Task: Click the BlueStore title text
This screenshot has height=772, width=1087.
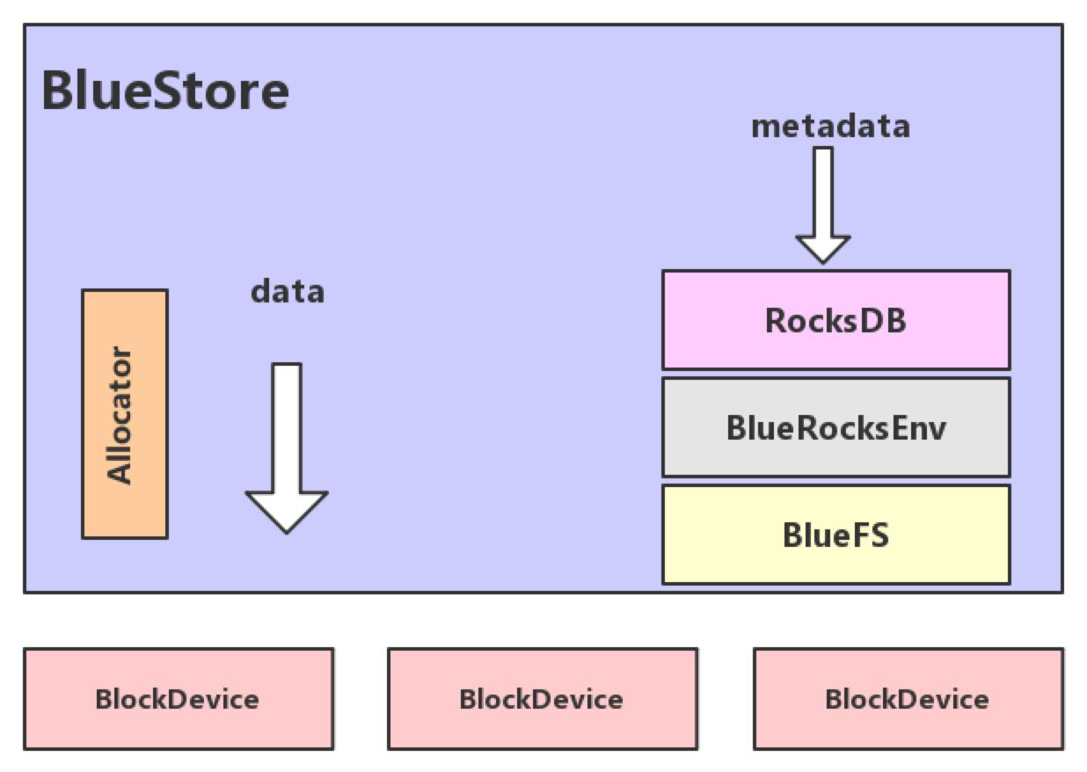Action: (x=165, y=91)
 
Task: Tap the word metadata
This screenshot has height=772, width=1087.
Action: (x=830, y=127)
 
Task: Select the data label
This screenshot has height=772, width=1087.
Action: (x=288, y=291)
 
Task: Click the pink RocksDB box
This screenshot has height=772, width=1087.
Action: (x=835, y=320)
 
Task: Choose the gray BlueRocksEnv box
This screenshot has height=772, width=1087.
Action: (x=835, y=427)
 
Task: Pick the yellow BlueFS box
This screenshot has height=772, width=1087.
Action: (x=835, y=535)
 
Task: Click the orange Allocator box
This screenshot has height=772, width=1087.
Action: (x=125, y=413)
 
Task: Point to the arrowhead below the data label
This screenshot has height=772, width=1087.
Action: (x=287, y=512)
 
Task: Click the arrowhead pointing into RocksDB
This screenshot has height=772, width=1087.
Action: (x=823, y=249)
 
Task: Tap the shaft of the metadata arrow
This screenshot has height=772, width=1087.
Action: (x=823, y=190)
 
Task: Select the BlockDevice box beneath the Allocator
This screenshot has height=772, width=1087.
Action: (x=178, y=699)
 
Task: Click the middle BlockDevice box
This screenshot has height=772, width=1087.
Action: (x=542, y=699)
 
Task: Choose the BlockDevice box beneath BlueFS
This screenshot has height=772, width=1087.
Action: (x=908, y=699)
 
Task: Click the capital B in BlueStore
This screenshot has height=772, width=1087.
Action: (x=57, y=91)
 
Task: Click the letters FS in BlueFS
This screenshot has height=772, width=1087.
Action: (x=871, y=535)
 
